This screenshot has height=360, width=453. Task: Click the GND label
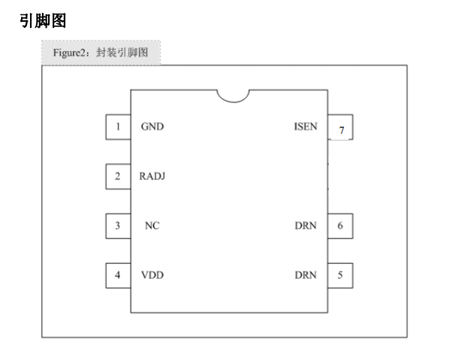coord(153,126)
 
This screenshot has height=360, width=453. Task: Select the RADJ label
coord(153,176)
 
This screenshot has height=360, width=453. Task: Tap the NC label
coord(153,225)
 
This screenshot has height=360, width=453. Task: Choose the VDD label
coord(153,275)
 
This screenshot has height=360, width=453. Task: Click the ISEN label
coord(306,126)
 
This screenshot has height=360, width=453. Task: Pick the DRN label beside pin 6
coord(306,225)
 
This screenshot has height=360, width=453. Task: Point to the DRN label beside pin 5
coord(306,275)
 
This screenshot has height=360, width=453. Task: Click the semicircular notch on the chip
coord(234,102)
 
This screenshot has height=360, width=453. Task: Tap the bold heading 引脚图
coord(43,21)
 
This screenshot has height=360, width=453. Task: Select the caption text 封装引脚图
coord(122,53)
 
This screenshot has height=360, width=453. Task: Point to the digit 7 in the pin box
coord(342,130)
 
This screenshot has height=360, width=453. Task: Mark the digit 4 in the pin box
coord(117,275)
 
